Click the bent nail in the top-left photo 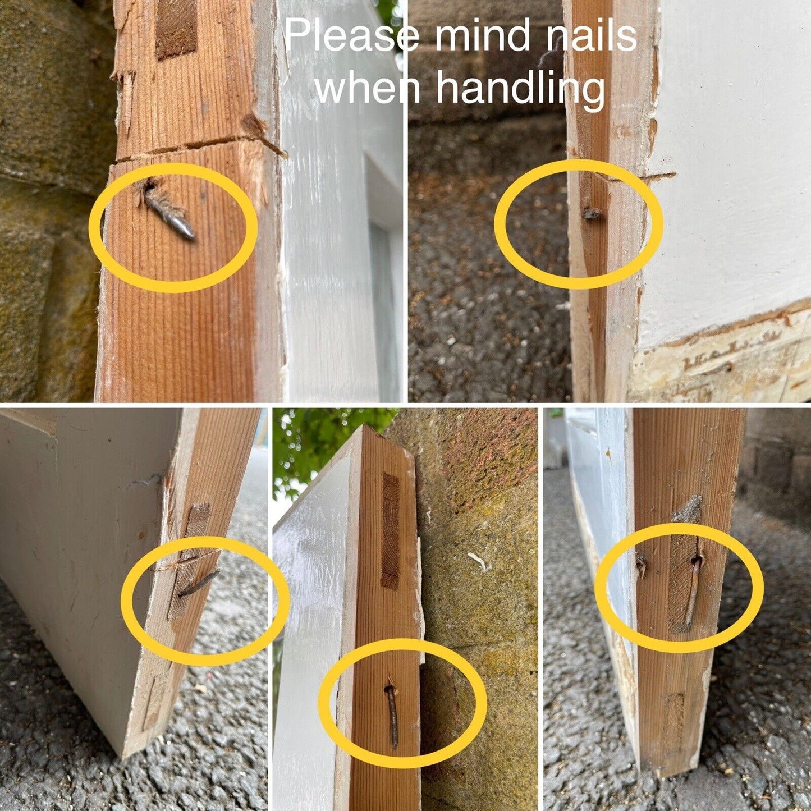[168, 212]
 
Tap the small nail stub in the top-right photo [590, 214]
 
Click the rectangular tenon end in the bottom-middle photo [390, 531]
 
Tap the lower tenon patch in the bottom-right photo [675, 711]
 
